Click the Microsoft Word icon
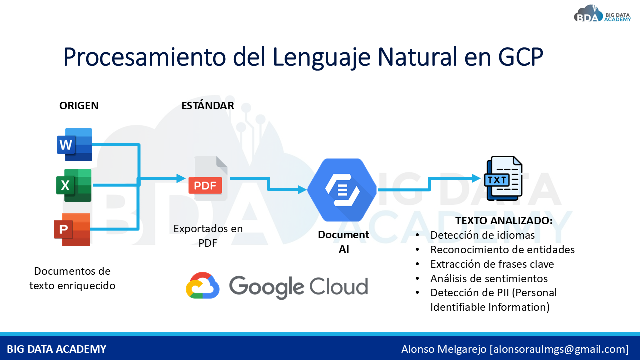[x=75, y=145]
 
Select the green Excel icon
[x=74, y=185]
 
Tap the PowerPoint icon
[x=72, y=229]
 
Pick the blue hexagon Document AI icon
[x=342, y=190]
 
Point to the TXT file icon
[x=503, y=178]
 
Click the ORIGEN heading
[x=79, y=106]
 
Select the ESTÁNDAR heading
[x=208, y=105]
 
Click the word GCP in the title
[x=521, y=57]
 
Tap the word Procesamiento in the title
[x=144, y=57]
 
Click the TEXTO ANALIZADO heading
[x=504, y=221]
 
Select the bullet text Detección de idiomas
[x=482, y=235]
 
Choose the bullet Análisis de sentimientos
[x=489, y=278]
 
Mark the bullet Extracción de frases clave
[x=492, y=264]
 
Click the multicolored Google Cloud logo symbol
[x=203, y=285]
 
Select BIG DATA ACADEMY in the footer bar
[x=56, y=349]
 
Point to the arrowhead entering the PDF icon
[x=181, y=178]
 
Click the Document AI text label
[x=343, y=242]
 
